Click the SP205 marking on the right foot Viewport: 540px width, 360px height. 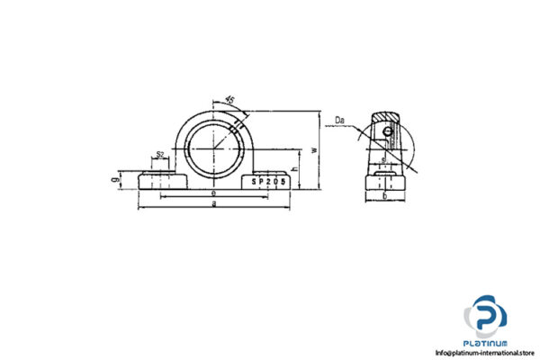click(269, 181)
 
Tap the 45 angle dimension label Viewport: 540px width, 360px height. click(229, 100)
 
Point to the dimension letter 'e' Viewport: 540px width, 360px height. click(212, 193)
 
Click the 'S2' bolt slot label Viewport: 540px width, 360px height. click(159, 155)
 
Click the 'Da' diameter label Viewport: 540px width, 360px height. click(339, 119)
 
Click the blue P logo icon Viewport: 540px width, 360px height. click(486, 316)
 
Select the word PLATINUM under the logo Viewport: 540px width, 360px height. click(486, 343)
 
